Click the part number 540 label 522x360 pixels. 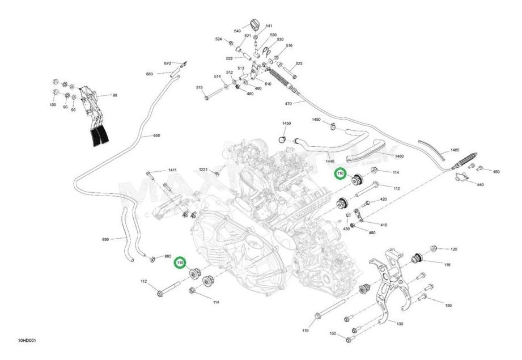click(x=237, y=30)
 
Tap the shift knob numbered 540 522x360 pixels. click(x=253, y=24)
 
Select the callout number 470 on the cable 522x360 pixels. click(x=288, y=104)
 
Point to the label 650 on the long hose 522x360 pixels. click(x=157, y=136)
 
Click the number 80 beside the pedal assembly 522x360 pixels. click(x=114, y=95)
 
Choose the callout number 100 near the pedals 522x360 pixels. click(x=53, y=105)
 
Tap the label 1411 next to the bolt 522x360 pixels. click(x=172, y=171)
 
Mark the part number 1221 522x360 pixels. click(x=203, y=170)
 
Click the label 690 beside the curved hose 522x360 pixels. click(x=105, y=240)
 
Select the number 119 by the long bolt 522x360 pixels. click(x=305, y=330)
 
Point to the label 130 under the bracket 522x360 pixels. click(x=400, y=324)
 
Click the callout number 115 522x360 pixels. click(x=447, y=265)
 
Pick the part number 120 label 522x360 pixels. click(x=453, y=249)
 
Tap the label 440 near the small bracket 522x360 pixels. click(x=480, y=185)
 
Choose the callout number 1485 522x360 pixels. click(x=455, y=150)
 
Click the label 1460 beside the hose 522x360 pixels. click(x=399, y=156)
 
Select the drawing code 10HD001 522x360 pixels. click(x=27, y=341)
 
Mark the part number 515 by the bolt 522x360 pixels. click(x=200, y=88)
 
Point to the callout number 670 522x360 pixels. click(x=167, y=63)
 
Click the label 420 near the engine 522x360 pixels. click(x=383, y=199)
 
